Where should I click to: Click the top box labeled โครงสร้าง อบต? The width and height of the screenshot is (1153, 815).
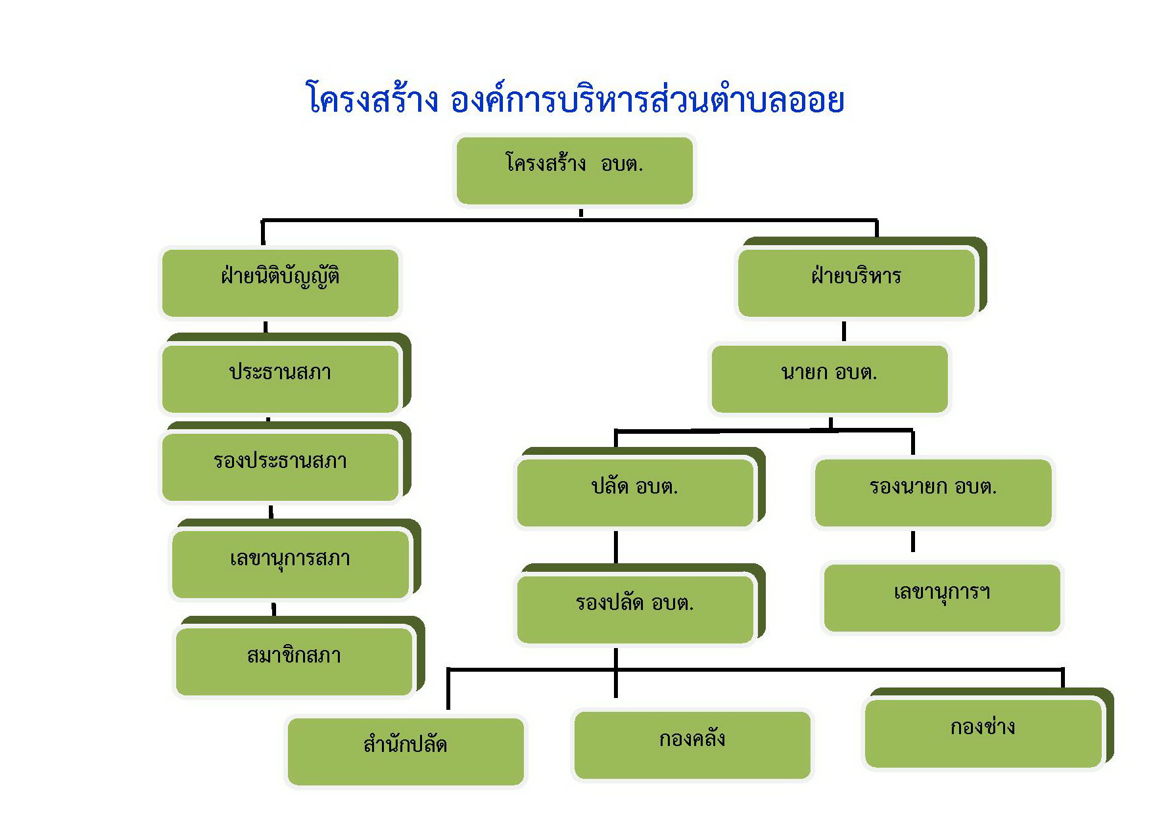pyautogui.click(x=575, y=170)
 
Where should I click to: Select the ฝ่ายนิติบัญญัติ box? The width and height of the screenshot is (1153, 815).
pyautogui.click(x=281, y=283)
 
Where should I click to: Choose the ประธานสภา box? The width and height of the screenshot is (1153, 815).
pyautogui.click(x=281, y=379)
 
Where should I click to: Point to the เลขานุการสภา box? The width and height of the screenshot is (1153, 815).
pyautogui.click(x=291, y=564)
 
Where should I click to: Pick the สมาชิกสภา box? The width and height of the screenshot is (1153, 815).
pyautogui.click(x=294, y=661)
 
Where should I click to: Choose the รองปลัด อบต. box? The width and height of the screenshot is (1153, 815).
pyautogui.click(x=635, y=609)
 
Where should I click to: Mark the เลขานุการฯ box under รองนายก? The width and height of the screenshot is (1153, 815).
pyautogui.click(x=942, y=597)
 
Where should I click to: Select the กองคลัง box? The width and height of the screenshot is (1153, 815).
pyautogui.click(x=692, y=745)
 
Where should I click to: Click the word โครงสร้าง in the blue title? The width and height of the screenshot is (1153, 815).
pyautogui.click(x=373, y=100)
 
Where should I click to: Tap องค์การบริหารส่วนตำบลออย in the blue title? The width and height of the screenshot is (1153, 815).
pyautogui.click(x=647, y=100)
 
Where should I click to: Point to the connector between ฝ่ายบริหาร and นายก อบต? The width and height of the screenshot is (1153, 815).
pyautogui.click(x=844, y=331)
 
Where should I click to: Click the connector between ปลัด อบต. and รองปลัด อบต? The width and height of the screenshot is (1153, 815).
pyautogui.click(x=616, y=547)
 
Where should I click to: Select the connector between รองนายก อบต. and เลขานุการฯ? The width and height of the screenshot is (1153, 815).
pyautogui.click(x=913, y=542)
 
